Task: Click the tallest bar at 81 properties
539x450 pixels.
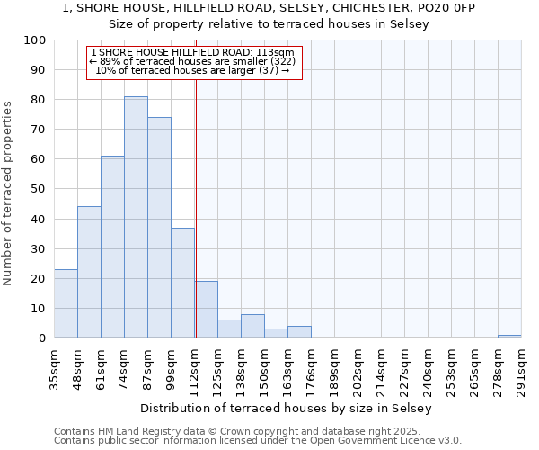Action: [136, 217]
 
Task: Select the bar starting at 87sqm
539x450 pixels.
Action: [159, 228]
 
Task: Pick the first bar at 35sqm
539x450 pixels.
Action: [66, 303]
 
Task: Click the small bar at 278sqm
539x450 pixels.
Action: [509, 336]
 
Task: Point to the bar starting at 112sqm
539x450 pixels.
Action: [206, 310]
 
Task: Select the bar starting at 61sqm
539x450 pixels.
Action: [112, 247]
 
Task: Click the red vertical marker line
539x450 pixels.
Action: [196, 207]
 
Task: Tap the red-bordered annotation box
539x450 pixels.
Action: [194, 61]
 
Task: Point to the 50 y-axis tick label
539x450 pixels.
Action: [39, 190]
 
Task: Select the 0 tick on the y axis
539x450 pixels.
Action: [42, 338]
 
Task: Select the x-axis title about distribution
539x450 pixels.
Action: [287, 408]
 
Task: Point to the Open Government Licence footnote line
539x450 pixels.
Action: [257, 440]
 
